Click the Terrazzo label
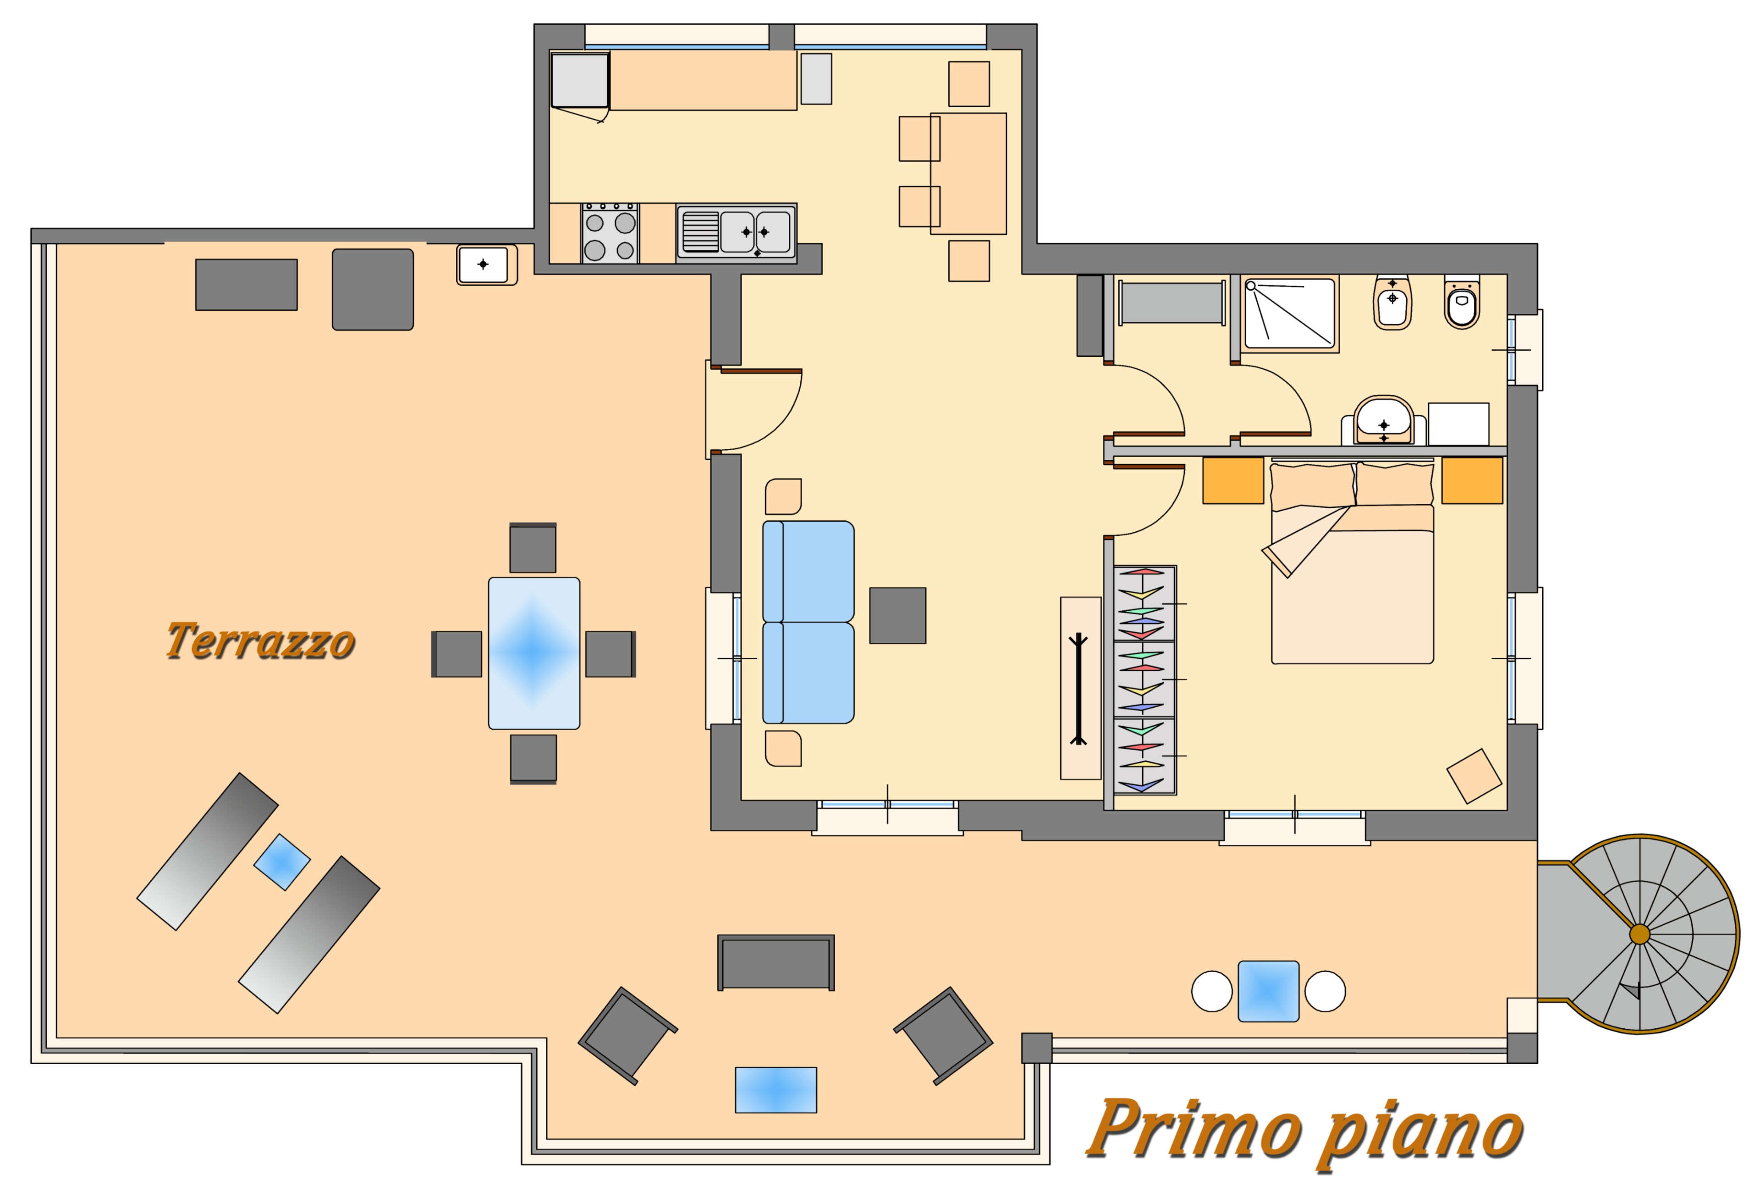(260, 641)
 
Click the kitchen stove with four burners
(610, 232)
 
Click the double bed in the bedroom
(1352, 562)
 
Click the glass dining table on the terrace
(534, 653)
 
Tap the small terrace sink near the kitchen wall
(486, 265)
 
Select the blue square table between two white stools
(1269, 991)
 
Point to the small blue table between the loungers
(282, 862)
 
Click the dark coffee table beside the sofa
(897, 615)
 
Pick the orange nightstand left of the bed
(1233, 480)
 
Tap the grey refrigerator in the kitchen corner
(580, 80)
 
